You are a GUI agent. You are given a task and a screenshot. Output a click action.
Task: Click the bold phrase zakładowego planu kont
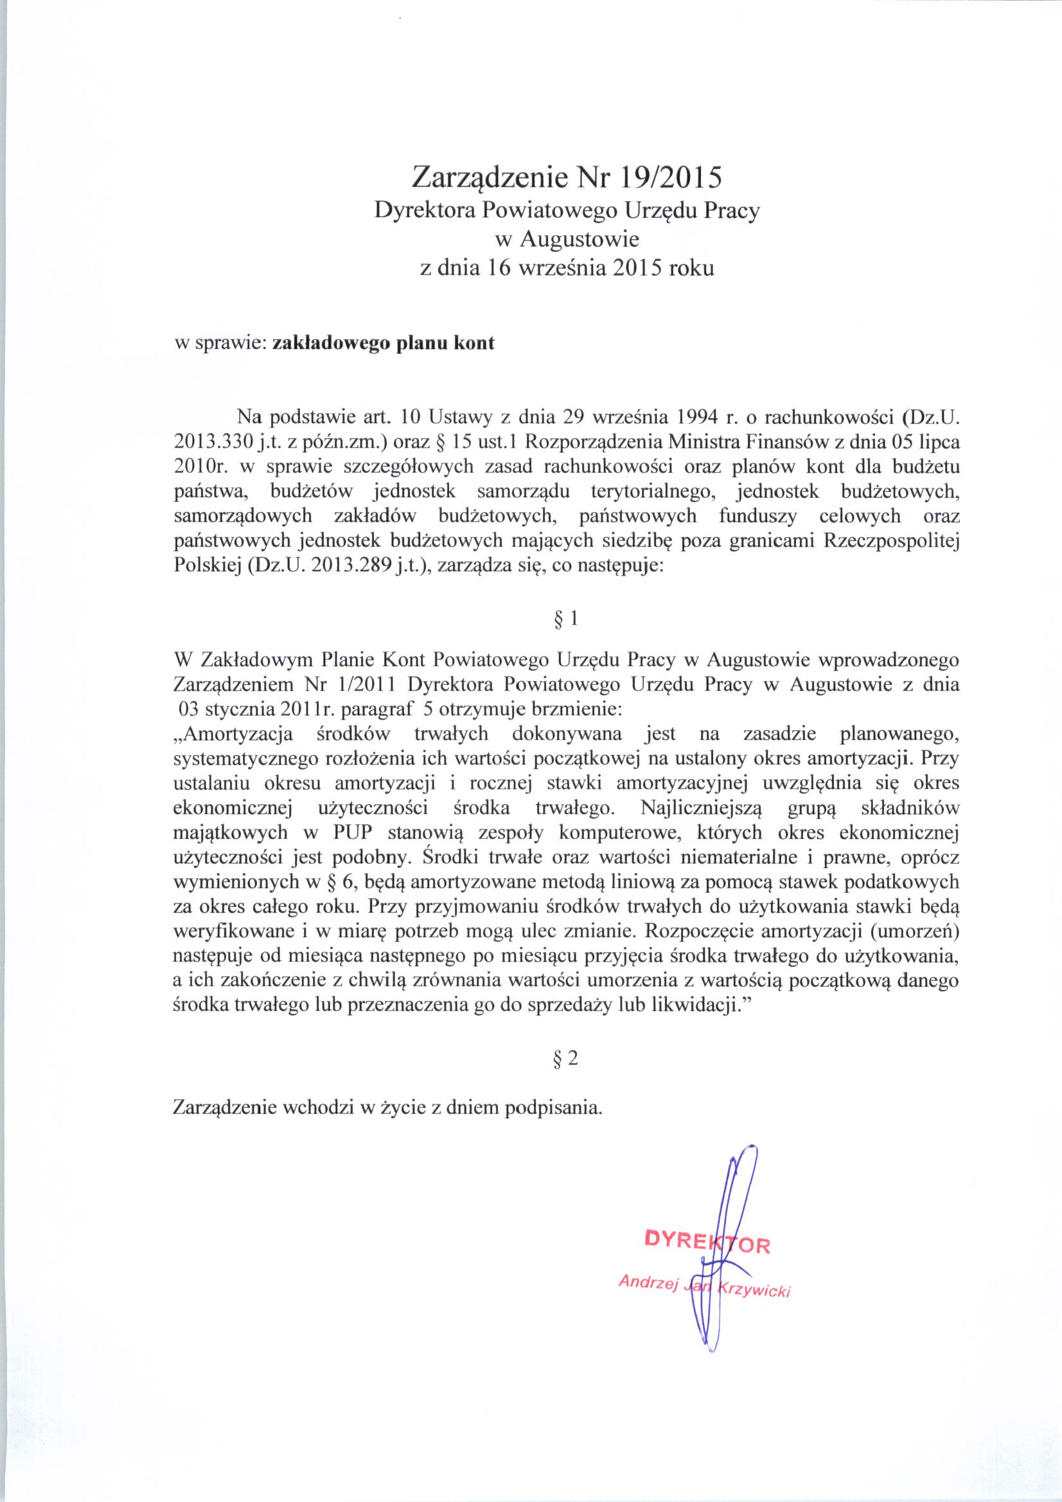[x=383, y=343]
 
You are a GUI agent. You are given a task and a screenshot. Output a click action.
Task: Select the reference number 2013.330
[x=213, y=441]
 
